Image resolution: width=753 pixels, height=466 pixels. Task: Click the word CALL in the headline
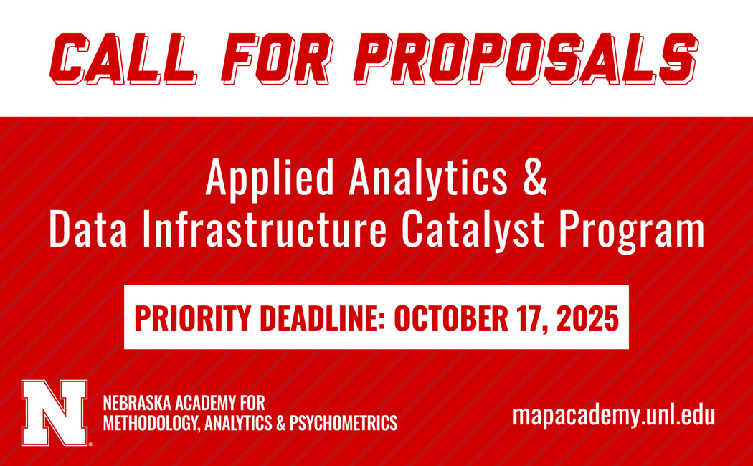coord(123,59)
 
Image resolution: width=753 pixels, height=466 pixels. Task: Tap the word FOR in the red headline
coord(277,59)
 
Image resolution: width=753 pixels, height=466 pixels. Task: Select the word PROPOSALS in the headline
coord(529,59)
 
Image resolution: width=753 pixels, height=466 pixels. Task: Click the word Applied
coord(270,179)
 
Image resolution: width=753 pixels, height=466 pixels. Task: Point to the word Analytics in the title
coord(428,179)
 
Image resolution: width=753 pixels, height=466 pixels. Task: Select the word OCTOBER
coord(450,318)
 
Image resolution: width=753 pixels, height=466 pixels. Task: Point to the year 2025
coord(587,318)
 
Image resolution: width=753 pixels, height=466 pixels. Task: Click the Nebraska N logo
coord(55,412)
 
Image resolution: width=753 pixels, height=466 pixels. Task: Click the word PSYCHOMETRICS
coord(343,423)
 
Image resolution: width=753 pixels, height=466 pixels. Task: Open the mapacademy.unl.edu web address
coord(614,416)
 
